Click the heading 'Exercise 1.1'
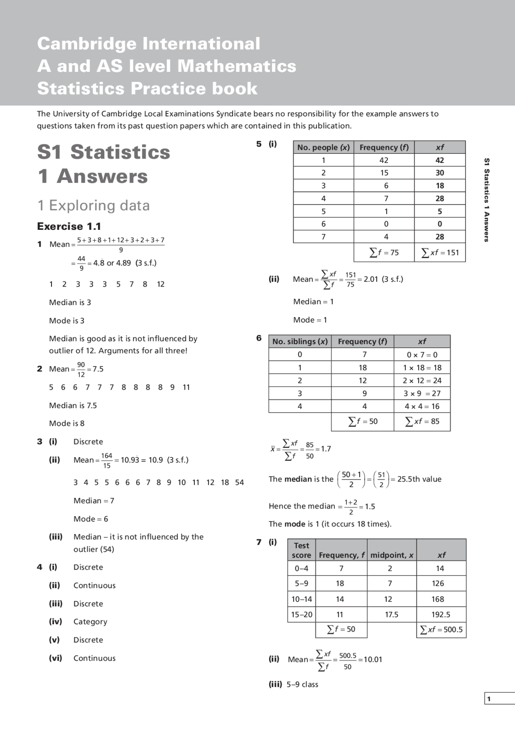pos(69,226)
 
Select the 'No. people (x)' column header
pos(323,147)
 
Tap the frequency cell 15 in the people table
pos(384,173)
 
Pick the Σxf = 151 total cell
pos(440,252)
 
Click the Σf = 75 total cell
pos(384,252)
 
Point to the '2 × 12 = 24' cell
pos(422,380)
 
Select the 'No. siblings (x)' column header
pos(300,341)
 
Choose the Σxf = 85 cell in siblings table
pos(422,421)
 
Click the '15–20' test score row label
pos(301,614)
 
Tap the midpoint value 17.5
pos(391,614)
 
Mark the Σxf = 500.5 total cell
pos(441,629)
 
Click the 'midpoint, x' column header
pos(391,555)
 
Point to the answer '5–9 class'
pos(302,684)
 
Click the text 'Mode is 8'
pos(67,423)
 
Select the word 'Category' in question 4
pos(90,622)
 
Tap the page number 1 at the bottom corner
pos(489,699)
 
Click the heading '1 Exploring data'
pos(93,205)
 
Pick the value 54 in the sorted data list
pos(239,482)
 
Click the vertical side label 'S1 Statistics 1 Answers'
pos(486,200)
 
